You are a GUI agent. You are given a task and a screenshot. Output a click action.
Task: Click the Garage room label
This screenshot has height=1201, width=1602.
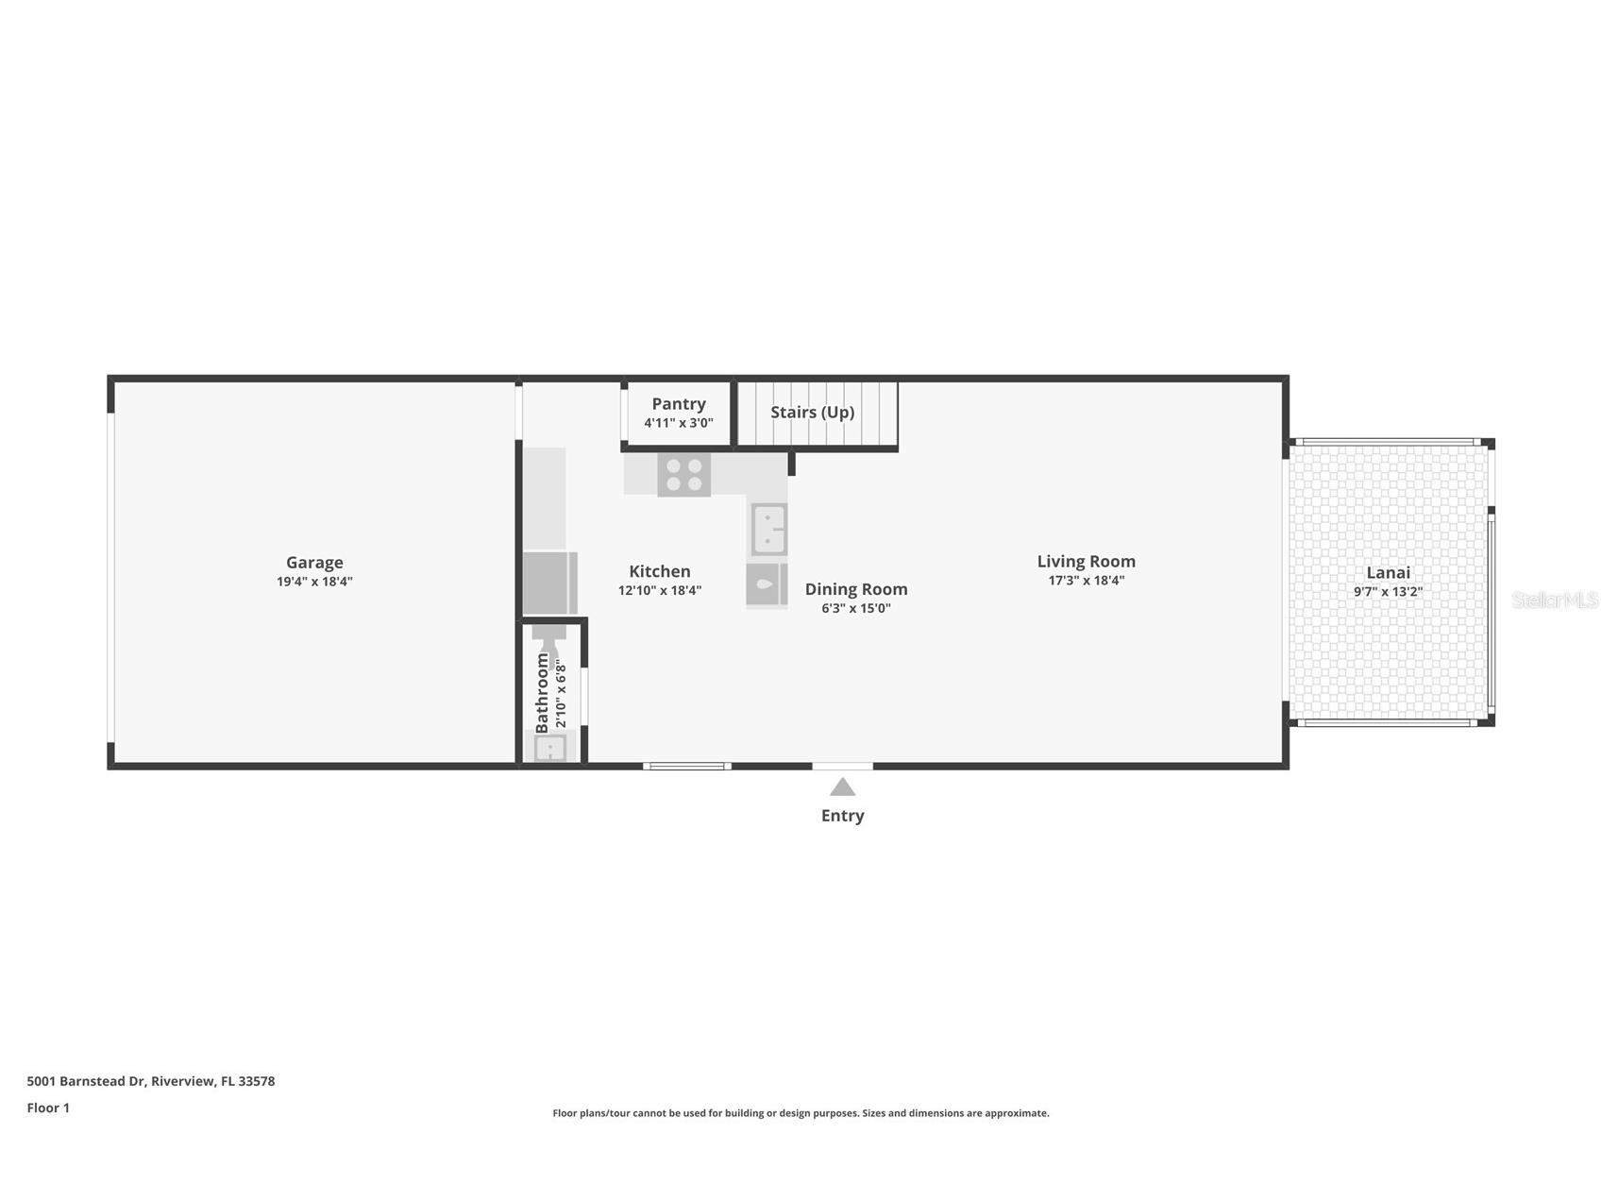[x=314, y=563]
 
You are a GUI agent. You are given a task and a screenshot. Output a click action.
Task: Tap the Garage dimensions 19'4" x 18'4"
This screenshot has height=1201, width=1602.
[x=314, y=582]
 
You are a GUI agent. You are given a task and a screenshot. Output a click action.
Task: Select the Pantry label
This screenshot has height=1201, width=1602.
[x=678, y=404]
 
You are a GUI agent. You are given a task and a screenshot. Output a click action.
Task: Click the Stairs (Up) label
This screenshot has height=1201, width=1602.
[x=812, y=413]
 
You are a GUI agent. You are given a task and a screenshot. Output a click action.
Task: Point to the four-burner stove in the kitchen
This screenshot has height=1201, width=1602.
[x=683, y=475]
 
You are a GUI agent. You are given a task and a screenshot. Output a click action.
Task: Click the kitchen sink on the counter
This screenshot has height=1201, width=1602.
[x=768, y=530]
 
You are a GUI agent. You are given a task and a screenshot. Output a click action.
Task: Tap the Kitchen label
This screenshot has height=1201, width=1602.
[x=659, y=571]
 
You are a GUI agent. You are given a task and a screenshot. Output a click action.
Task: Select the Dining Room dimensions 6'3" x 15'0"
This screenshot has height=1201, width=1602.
[x=855, y=608]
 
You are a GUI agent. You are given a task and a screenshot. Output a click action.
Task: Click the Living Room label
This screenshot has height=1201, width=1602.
[x=1086, y=562]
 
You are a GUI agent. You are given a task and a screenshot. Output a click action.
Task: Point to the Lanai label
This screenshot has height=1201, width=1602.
[x=1388, y=572]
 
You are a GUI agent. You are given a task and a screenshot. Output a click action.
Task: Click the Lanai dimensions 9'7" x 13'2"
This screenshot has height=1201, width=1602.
[x=1388, y=592]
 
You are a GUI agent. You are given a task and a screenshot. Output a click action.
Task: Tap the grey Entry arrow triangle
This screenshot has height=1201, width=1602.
[x=842, y=787]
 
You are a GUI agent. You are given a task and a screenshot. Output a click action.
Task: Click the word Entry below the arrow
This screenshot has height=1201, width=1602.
[x=842, y=816]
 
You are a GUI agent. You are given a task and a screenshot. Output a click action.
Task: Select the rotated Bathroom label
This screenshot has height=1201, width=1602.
[x=542, y=692]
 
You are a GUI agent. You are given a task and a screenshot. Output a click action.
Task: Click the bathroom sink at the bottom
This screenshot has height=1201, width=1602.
[x=549, y=749]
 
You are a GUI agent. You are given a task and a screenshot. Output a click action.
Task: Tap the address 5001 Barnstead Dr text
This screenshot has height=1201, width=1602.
[x=151, y=1081]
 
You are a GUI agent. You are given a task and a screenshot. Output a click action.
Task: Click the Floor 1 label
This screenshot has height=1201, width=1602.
[x=48, y=1108]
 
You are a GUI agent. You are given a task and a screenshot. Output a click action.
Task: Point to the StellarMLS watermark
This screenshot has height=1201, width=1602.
[x=1554, y=600]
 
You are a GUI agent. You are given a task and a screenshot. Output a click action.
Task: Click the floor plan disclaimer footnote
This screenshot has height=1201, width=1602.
[x=801, y=1113]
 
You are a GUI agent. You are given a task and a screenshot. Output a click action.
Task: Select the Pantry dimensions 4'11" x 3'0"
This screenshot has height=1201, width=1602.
[x=678, y=423]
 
